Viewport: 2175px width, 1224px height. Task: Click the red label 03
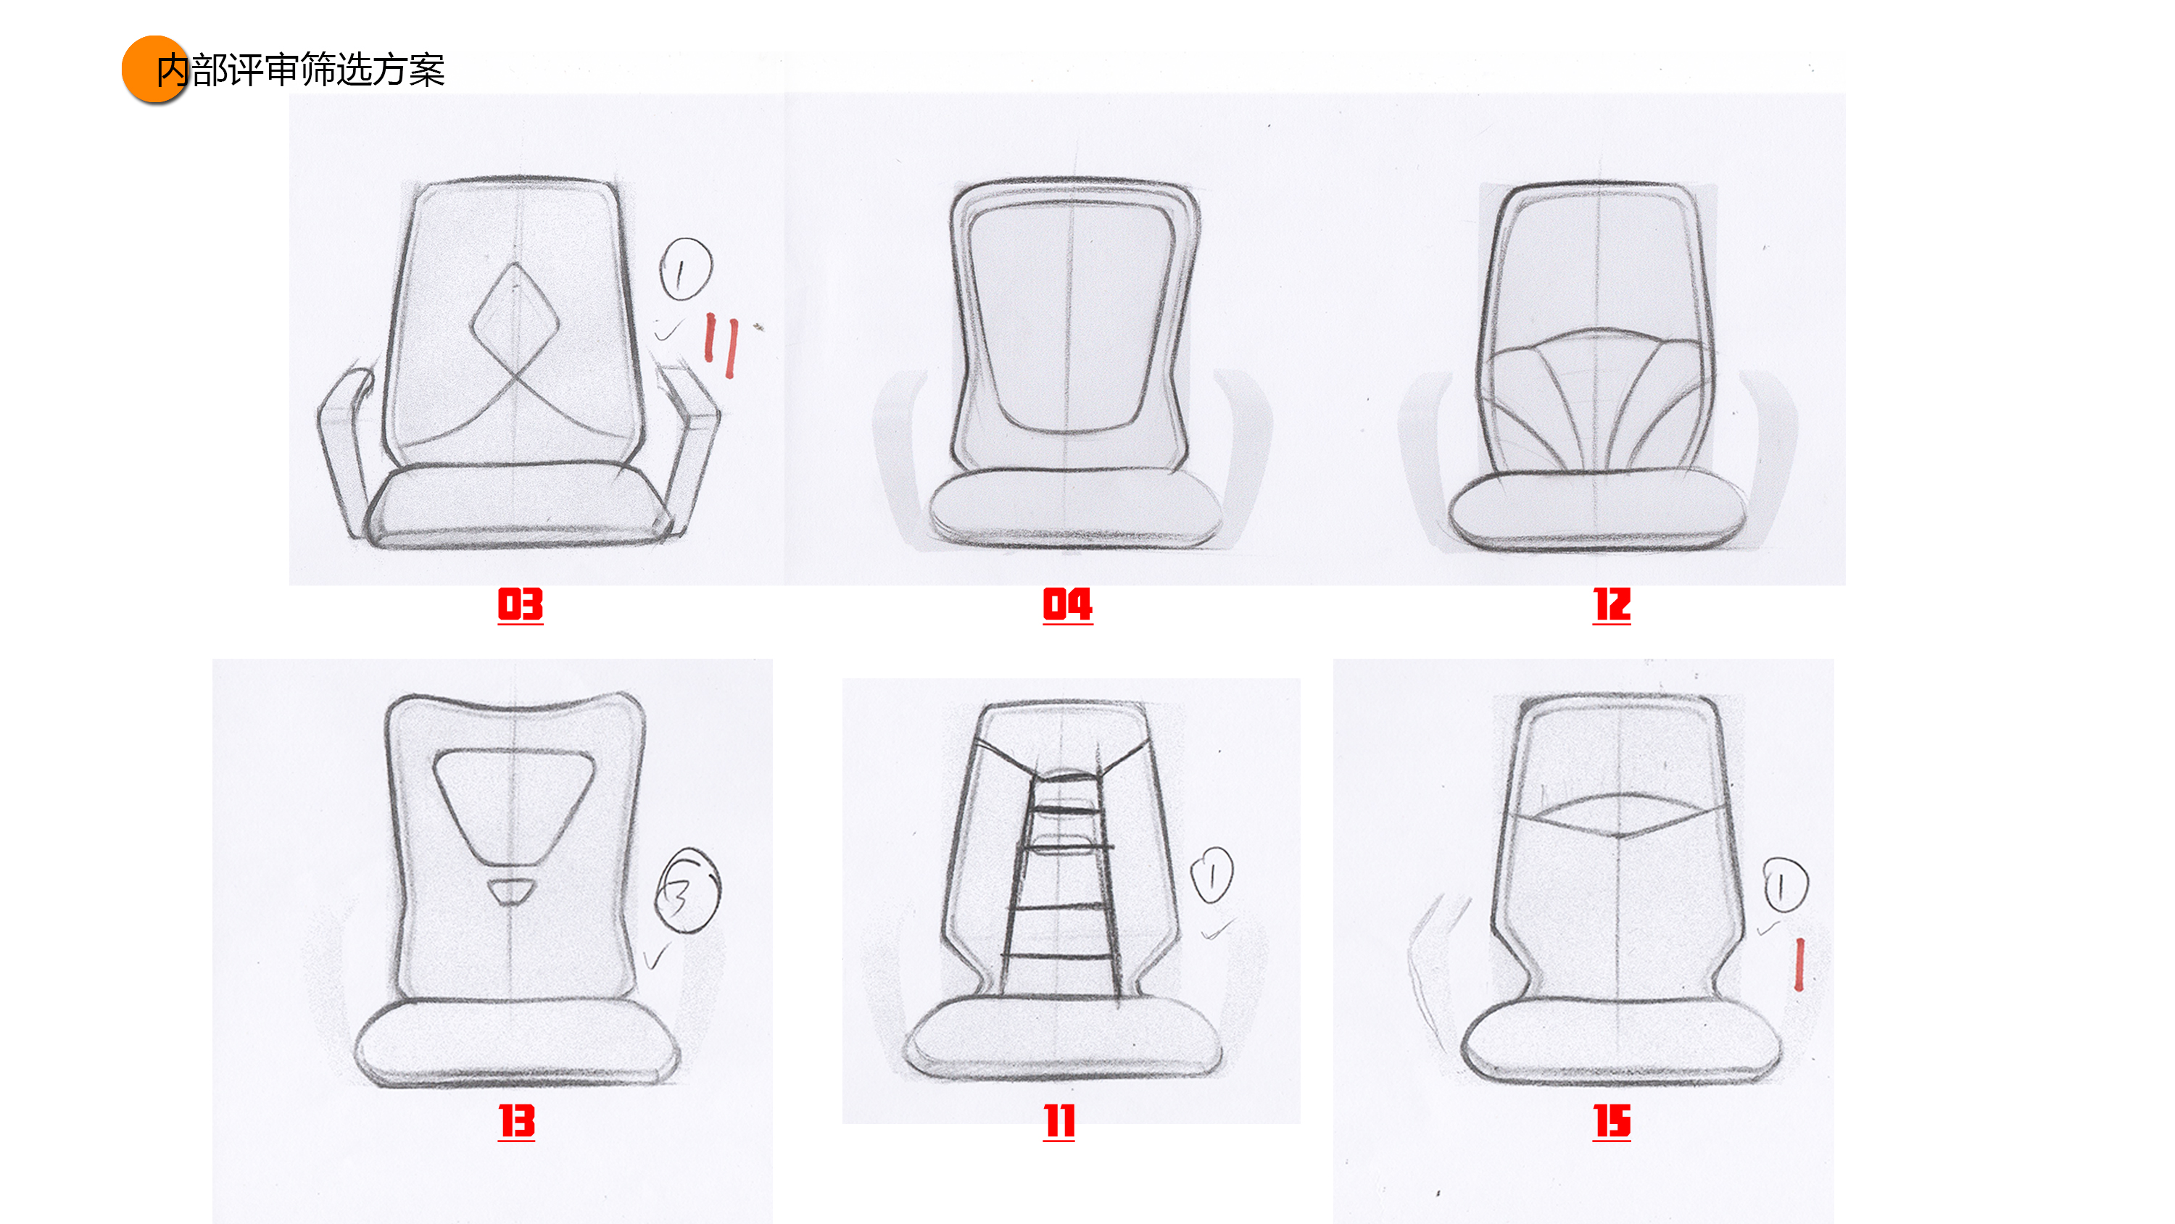(520, 604)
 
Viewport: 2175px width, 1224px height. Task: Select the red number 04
(1067, 604)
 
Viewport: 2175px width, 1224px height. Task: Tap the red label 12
(1611, 604)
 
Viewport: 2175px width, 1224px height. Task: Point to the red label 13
(517, 1121)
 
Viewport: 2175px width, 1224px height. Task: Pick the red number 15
(1611, 1121)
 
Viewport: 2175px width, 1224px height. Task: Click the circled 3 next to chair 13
(687, 891)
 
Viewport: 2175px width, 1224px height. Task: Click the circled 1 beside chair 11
(1211, 875)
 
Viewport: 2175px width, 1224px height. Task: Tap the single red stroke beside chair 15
(1799, 964)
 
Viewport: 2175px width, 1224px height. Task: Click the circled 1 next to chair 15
(1785, 886)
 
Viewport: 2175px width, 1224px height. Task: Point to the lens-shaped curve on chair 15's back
(1617, 814)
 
